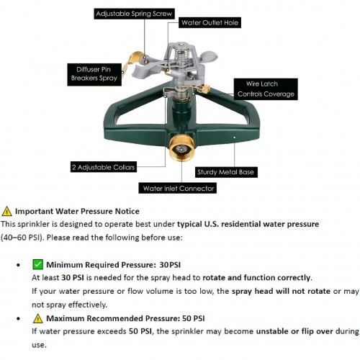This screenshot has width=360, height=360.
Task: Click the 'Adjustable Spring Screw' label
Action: tap(134, 14)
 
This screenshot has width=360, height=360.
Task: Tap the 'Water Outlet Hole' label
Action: tap(210, 22)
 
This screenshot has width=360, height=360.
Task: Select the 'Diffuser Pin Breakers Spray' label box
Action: tap(94, 74)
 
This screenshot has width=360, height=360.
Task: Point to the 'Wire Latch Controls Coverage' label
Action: tap(266, 89)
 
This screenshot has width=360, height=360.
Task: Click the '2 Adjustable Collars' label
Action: tap(104, 167)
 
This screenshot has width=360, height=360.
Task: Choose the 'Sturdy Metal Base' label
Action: tap(226, 172)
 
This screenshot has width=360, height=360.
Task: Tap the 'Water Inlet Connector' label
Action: tap(178, 188)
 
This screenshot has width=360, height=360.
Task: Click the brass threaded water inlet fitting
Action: tap(181, 147)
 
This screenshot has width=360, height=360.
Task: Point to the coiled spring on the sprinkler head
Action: tap(181, 56)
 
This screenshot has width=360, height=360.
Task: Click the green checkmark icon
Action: tap(37, 264)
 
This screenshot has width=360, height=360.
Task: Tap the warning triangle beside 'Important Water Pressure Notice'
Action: tap(6, 211)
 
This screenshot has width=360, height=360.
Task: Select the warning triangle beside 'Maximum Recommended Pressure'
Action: tap(37, 318)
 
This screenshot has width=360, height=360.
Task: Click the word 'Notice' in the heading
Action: tap(127, 211)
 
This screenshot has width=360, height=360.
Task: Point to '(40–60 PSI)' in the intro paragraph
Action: tap(22, 238)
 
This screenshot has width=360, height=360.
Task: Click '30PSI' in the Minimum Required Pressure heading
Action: tap(170, 265)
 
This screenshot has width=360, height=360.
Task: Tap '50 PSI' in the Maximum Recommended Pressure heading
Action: tap(194, 318)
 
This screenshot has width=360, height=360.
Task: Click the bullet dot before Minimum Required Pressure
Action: tap(19, 265)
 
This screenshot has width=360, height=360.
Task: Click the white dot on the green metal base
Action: tap(235, 138)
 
